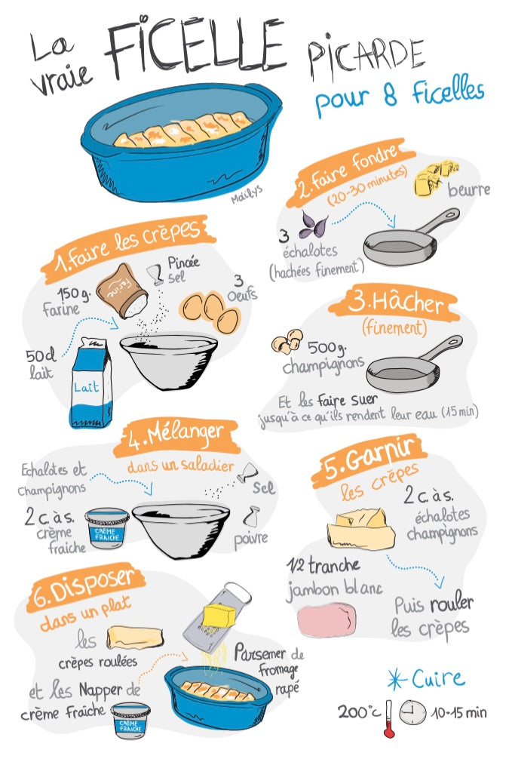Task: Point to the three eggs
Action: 210,312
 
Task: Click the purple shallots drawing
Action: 312,225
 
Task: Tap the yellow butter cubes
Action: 435,178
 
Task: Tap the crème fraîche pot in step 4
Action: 107,528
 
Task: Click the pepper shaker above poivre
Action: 252,517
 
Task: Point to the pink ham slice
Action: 327,619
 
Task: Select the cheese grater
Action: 216,615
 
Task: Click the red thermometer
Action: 388,719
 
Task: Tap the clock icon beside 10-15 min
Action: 412,713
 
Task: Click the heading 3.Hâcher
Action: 396,303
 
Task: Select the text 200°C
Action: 359,711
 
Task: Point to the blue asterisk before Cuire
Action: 397,679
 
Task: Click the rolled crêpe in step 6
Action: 135,637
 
